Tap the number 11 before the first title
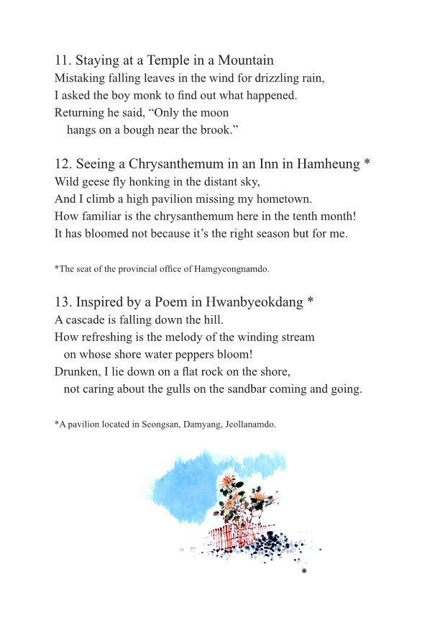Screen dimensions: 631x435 click(x=61, y=60)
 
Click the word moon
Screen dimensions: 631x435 click(x=215, y=112)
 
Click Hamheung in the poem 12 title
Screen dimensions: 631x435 click(x=328, y=164)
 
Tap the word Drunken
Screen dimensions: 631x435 click(x=76, y=372)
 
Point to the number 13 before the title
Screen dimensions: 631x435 click(x=62, y=302)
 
